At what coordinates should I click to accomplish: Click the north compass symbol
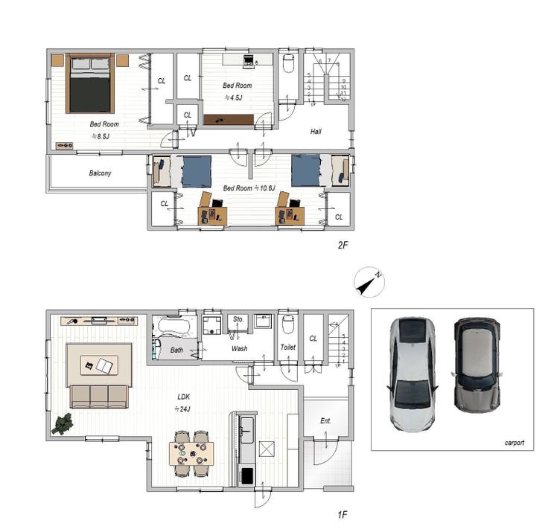tap(369, 282)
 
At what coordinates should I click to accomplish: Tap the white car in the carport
tap(413, 374)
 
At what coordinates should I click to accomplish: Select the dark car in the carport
tap(477, 365)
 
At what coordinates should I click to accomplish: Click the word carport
tap(515, 443)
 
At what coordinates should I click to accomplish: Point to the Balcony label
tap(101, 173)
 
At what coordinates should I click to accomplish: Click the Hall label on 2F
tap(316, 132)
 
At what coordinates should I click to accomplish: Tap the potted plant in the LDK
tap(63, 424)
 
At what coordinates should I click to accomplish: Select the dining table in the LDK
tap(191, 454)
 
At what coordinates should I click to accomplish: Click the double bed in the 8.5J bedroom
tap(90, 83)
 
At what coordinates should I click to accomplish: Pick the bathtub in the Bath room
tap(173, 325)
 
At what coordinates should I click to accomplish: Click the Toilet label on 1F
tap(288, 347)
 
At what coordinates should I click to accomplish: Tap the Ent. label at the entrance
tap(325, 420)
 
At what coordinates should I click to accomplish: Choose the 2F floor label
tap(343, 245)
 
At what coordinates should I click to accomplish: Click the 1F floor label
tap(343, 515)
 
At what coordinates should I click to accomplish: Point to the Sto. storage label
tap(238, 319)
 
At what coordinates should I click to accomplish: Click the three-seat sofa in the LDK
tap(99, 396)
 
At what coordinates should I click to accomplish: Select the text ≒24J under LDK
tap(182, 409)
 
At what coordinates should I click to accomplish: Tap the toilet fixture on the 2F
tap(288, 63)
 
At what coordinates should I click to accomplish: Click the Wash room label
tap(239, 349)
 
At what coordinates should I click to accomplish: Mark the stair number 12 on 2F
tap(343, 100)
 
